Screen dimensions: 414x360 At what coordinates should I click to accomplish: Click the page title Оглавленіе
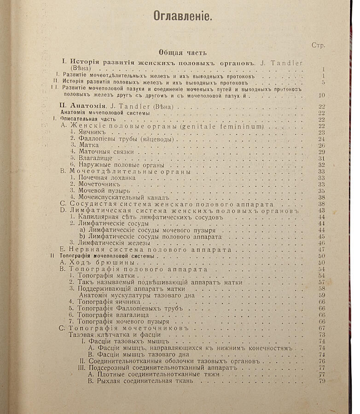tap(182, 16)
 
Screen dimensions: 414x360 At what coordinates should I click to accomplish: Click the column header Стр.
tap(318, 45)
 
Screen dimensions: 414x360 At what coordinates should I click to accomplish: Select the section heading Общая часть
tap(183, 52)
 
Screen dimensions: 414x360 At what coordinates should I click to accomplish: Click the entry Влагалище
tap(96, 158)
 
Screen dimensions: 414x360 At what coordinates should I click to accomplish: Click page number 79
tap(321, 381)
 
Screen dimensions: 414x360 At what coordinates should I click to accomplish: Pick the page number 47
tap(322, 249)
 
